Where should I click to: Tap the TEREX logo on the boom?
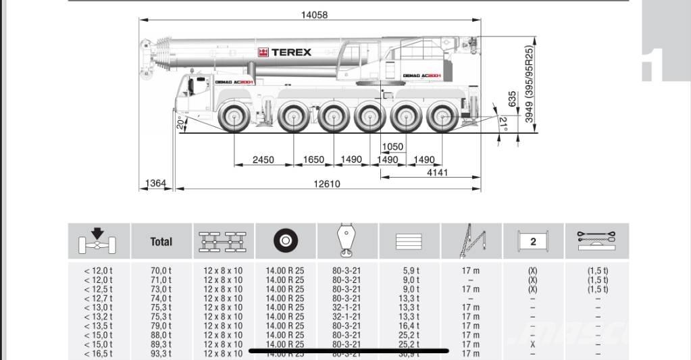284,52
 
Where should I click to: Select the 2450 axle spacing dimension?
263,160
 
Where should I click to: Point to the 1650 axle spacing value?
313,160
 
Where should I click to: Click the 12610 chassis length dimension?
326,184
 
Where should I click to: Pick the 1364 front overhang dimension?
156,184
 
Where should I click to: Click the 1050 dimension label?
392,147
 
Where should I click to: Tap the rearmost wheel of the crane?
443,117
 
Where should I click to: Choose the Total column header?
161,241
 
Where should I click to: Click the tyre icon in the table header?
286,241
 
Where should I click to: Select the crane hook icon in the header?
346,241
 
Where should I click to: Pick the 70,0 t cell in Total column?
161,270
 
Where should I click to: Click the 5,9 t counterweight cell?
411,270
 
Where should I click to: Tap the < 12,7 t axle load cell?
99,298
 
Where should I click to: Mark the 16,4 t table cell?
411,326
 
